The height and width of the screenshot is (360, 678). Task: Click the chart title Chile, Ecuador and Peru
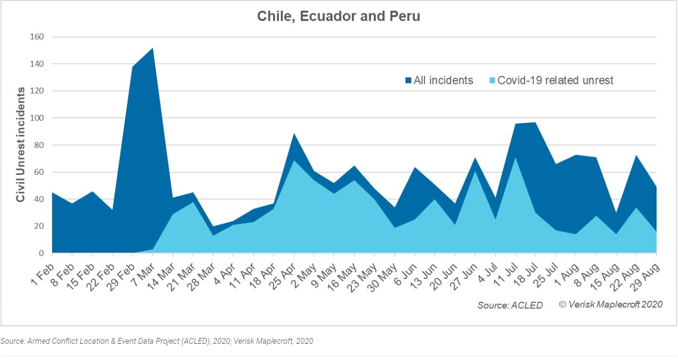[x=339, y=16]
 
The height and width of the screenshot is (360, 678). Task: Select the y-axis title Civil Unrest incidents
[x=21, y=145]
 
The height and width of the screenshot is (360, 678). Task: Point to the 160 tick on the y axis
[x=37, y=37]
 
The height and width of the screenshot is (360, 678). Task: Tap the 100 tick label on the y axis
[x=37, y=118]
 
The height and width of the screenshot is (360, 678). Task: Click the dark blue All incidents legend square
[x=408, y=81]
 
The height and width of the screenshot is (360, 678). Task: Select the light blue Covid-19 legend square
[x=492, y=81]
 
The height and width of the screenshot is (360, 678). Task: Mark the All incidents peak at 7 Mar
[x=153, y=48]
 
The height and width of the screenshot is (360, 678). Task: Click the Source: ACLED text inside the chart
[x=510, y=305]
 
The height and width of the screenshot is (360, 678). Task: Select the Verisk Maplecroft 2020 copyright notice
[x=611, y=304]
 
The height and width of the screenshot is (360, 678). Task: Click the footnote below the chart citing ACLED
[x=157, y=341]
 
